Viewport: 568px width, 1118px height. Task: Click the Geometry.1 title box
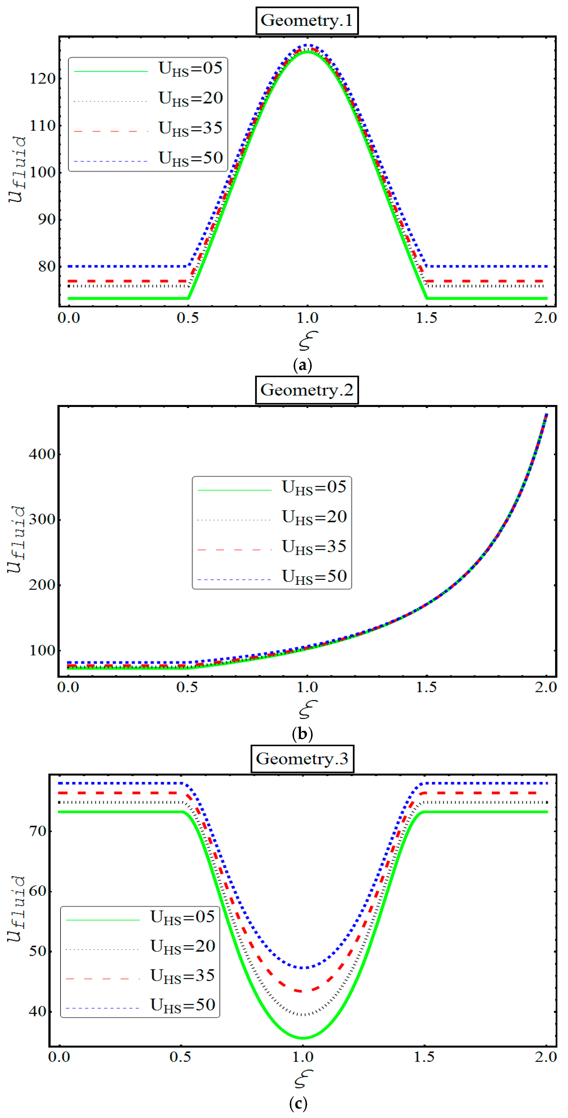click(306, 21)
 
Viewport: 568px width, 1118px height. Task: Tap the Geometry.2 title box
click(306, 390)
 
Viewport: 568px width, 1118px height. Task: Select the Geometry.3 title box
click(302, 759)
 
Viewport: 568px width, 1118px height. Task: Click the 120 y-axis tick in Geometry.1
click(43, 79)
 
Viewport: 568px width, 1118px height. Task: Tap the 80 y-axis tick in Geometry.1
click(46, 266)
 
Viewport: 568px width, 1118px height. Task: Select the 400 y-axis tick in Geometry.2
click(42, 454)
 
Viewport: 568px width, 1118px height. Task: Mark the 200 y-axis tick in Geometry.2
click(42, 585)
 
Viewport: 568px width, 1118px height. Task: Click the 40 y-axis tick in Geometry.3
click(37, 1011)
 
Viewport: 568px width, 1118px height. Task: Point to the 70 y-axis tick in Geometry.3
click(37, 832)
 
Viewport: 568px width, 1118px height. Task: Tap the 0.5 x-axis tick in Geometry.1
click(187, 318)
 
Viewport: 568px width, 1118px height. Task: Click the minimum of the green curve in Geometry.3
click(303, 1038)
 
